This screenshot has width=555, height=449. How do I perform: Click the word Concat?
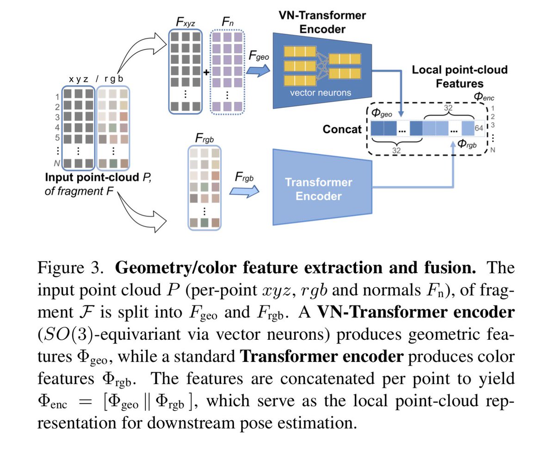pos(342,129)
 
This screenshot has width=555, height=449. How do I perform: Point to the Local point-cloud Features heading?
pos(460,76)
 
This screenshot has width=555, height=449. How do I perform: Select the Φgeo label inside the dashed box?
pos(381,112)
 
